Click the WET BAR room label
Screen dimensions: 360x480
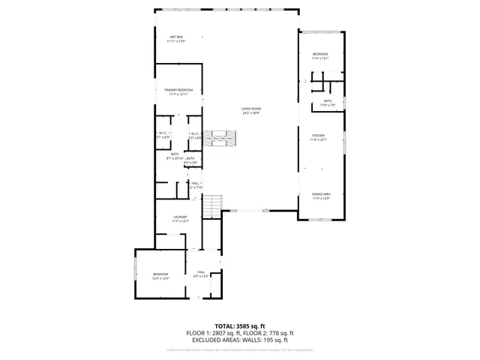pyautogui.click(x=177, y=39)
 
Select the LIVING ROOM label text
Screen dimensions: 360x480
pyautogui.click(x=250, y=111)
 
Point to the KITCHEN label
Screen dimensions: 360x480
pyautogui.click(x=319, y=137)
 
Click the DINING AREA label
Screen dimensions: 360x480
pyautogui.click(x=321, y=196)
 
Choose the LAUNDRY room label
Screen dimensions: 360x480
pyautogui.click(x=180, y=219)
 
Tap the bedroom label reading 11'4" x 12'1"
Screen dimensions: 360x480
pyautogui.click(x=319, y=57)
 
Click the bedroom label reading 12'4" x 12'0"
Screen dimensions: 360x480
pyautogui.click(x=160, y=276)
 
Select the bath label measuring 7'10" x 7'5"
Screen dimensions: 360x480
pyautogui.click(x=328, y=103)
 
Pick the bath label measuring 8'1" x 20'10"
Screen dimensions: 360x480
pyautogui.click(x=174, y=156)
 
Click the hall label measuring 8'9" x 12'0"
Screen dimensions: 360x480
pyautogui.click(x=201, y=274)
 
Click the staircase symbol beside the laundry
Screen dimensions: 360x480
pyautogui.click(x=214, y=203)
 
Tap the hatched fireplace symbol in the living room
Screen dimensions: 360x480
pyautogui.click(x=223, y=138)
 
